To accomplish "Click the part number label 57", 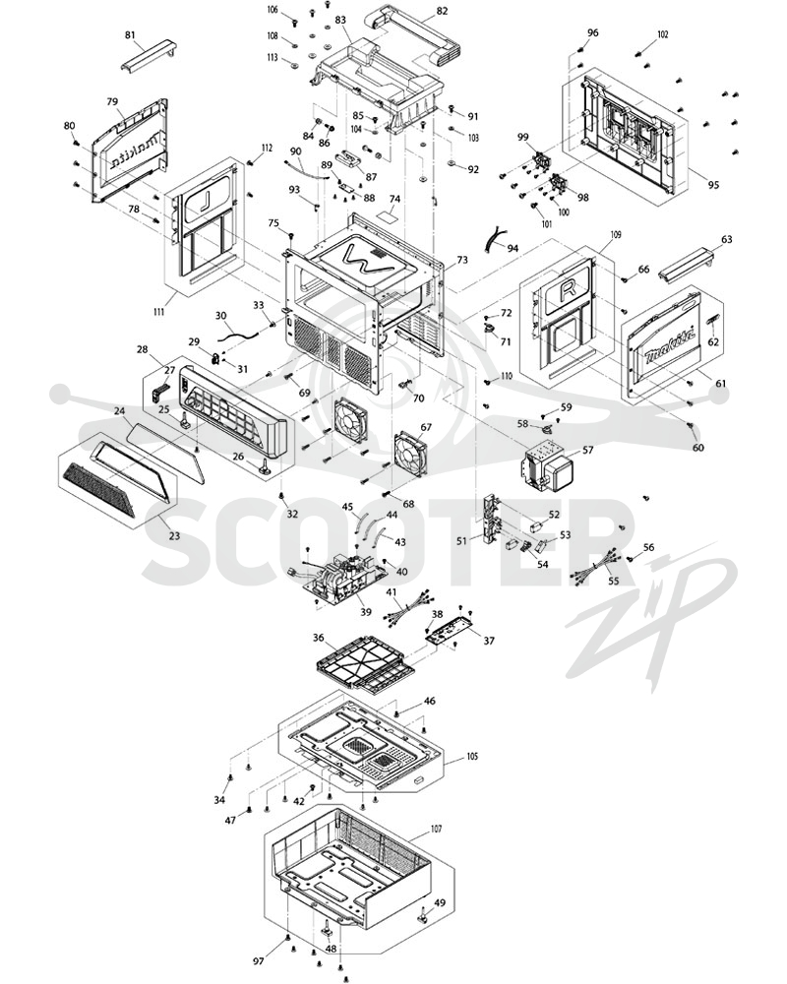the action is point(587,450).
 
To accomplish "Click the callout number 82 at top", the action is point(442,11).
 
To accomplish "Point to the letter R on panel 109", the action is point(568,290).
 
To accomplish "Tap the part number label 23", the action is point(174,535).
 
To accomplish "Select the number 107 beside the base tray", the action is point(436,829).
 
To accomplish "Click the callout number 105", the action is point(471,756).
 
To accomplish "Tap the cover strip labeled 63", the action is point(688,264).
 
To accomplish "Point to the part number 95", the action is point(713,185).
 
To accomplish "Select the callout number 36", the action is point(319,638).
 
